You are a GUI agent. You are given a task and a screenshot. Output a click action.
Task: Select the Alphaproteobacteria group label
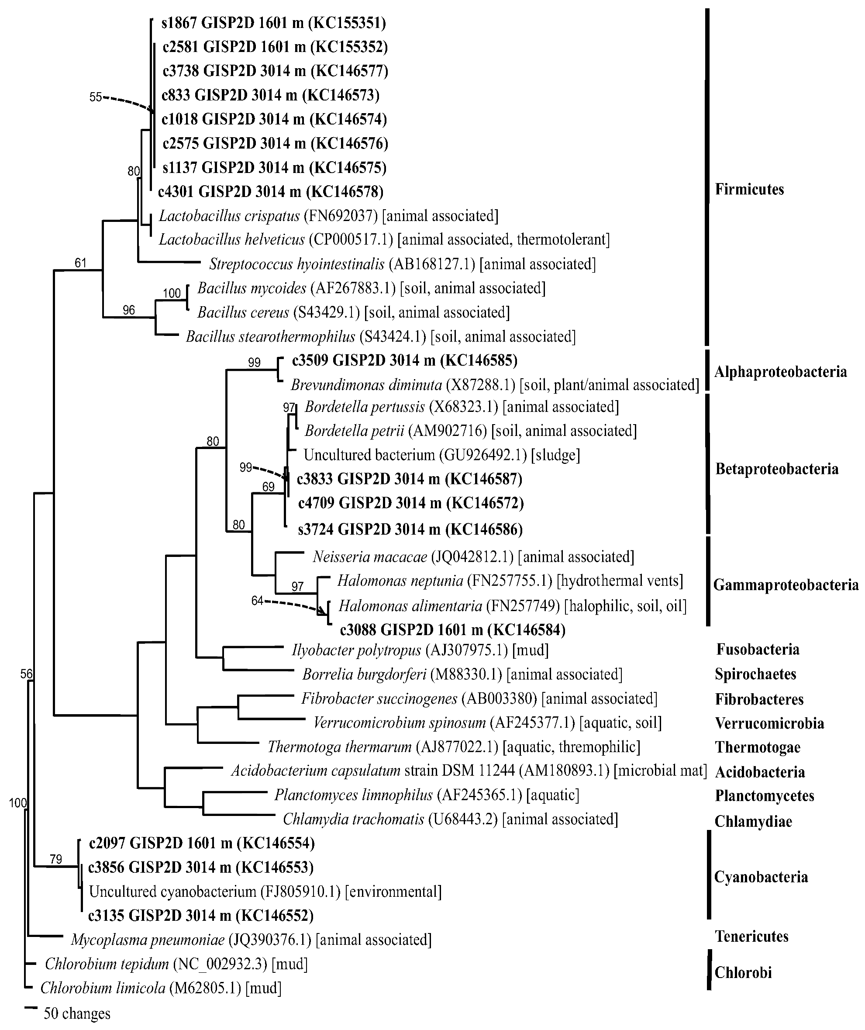(780, 372)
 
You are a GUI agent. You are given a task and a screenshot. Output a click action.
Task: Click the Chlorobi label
(743, 972)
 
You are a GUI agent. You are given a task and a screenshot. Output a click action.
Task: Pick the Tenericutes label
(751, 937)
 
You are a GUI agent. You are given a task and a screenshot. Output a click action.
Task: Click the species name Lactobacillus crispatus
(229, 216)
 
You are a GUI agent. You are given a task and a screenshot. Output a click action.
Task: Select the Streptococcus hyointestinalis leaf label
(296, 264)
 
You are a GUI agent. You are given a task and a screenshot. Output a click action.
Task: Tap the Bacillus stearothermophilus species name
(270, 336)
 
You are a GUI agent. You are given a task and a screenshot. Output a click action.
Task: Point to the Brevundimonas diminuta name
(366, 385)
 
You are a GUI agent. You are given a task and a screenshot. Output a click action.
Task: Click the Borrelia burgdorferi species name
(364, 674)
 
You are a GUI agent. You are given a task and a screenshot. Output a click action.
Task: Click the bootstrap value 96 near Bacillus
(128, 310)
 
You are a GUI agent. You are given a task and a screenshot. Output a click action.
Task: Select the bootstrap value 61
(80, 263)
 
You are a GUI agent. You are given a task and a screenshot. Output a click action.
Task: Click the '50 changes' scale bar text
(77, 1013)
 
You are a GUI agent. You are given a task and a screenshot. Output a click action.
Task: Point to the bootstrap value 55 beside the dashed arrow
(95, 97)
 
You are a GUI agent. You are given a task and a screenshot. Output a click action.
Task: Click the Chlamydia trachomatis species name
(353, 819)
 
